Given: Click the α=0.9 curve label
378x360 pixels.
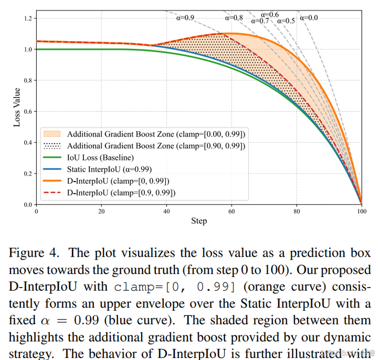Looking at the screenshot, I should (184, 17).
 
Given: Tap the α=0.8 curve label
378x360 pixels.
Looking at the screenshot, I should (234, 17).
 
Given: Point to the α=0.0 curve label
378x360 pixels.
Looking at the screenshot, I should (309, 17).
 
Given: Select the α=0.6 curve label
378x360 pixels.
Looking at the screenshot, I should (270, 14).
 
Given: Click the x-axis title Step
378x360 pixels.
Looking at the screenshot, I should (199, 221).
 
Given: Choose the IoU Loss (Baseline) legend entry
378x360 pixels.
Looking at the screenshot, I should (100, 157).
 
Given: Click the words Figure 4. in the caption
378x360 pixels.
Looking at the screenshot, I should (35, 253).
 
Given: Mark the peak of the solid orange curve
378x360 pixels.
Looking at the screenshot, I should (230, 34).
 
